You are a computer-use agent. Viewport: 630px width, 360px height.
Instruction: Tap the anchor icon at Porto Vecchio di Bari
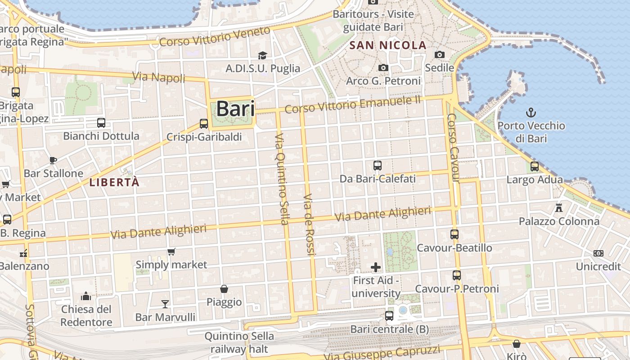tap(531, 112)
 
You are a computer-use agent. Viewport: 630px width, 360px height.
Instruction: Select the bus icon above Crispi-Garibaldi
tap(204, 123)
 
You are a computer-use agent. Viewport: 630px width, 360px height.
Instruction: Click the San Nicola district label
tap(388, 45)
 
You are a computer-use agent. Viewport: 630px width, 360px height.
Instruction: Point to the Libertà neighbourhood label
tap(114, 182)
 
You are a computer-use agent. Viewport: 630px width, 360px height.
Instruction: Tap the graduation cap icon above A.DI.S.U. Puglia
tap(262, 55)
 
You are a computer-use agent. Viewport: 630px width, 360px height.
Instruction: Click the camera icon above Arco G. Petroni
tap(383, 67)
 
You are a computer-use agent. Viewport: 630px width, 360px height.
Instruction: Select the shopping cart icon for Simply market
tap(171, 252)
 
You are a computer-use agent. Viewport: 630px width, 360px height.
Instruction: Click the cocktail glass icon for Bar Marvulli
tap(165, 304)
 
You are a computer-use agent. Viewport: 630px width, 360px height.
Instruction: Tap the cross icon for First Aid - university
tap(375, 268)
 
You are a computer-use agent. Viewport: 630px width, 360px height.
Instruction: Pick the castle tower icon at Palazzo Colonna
tap(559, 208)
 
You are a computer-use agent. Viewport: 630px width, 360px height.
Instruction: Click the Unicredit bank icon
tap(598, 253)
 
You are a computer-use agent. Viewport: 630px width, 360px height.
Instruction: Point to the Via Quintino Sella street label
tap(282, 179)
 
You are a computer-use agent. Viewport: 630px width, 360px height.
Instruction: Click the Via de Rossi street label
tap(309, 225)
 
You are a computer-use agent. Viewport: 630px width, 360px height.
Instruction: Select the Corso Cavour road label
tap(453, 148)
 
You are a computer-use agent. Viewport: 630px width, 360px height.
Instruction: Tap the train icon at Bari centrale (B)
tap(389, 316)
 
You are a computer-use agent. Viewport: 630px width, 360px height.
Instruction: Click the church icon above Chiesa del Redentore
tap(86, 296)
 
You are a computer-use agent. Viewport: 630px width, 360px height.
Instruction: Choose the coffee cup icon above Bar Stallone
tap(53, 160)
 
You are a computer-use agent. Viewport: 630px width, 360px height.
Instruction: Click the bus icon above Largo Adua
tap(535, 166)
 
